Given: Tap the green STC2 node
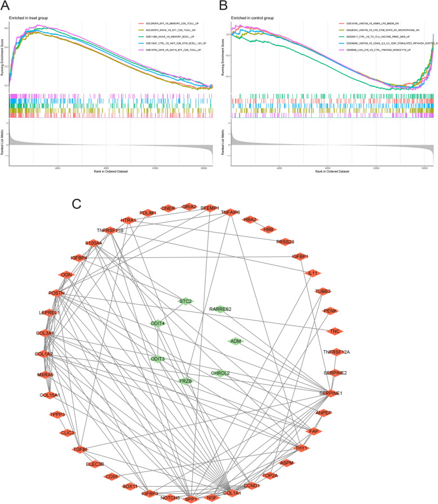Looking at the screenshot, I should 186,301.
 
